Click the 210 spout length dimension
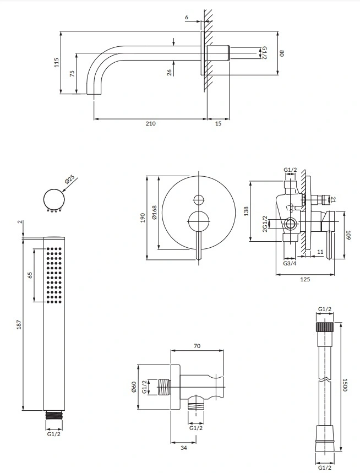pos(150,123)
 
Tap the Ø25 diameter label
pos(69,180)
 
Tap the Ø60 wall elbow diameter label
pos(133,388)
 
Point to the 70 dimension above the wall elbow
pos(197,346)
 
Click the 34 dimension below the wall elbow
pos(183,448)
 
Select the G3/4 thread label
pos(290,264)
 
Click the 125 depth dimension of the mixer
pos(306,279)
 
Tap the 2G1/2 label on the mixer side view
pos(265,225)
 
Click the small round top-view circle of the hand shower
pos(53,198)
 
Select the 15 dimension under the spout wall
pos(218,123)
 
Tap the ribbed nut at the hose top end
pos(325,326)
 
